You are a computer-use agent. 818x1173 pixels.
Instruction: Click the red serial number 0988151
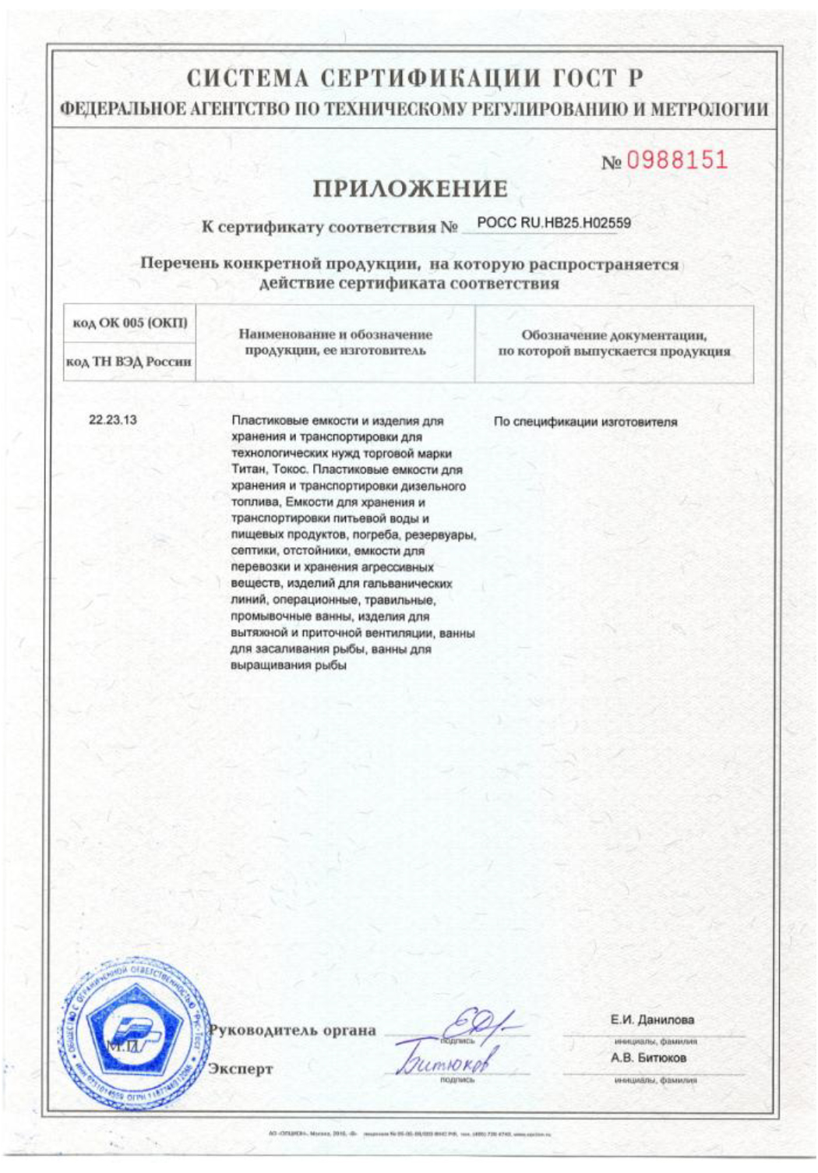(676, 161)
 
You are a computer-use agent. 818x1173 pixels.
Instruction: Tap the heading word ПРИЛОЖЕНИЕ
(410, 189)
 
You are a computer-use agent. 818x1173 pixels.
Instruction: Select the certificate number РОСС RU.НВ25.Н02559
(553, 224)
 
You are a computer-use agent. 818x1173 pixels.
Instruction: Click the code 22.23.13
(112, 420)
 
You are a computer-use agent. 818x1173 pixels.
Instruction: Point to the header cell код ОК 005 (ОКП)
(129, 323)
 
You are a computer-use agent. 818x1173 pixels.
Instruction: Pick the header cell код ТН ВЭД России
(129, 362)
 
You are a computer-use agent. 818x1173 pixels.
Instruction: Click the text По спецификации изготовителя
(585, 422)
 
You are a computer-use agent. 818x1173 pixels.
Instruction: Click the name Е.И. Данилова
(652, 1019)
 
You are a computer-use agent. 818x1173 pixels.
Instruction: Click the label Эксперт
(241, 1069)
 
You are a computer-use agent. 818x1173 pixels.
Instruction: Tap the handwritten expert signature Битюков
(446, 1061)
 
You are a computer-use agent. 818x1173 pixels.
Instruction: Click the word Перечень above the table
(178, 264)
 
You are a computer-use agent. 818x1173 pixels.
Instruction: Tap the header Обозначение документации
(614, 336)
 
